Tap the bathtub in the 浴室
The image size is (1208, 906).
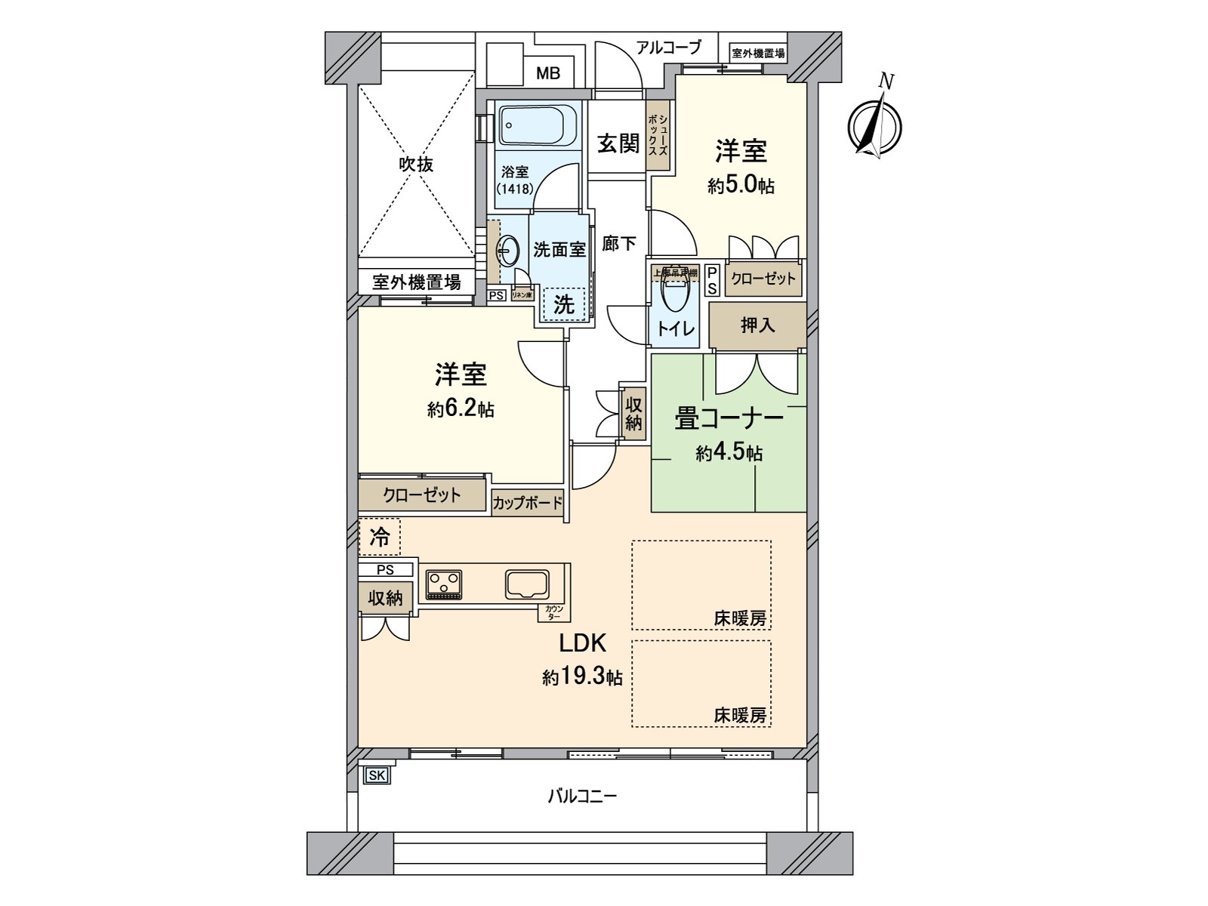coord(538,125)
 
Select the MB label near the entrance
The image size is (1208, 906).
coord(548,73)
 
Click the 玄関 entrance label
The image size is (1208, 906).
coord(618,143)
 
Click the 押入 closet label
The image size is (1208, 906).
coord(757,325)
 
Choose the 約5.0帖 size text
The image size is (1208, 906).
coord(741,186)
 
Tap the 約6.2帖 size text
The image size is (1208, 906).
coord(461,410)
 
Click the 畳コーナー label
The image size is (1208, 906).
coord(729,419)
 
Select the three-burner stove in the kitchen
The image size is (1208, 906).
coord(444,583)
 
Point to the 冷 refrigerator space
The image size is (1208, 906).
coord(380,537)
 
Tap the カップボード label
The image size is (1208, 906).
coord(527,503)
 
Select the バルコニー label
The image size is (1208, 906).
coord(582,796)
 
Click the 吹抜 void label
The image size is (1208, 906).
coord(416,164)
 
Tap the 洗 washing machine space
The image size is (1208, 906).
coord(565,304)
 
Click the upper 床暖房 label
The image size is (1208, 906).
coord(739,619)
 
